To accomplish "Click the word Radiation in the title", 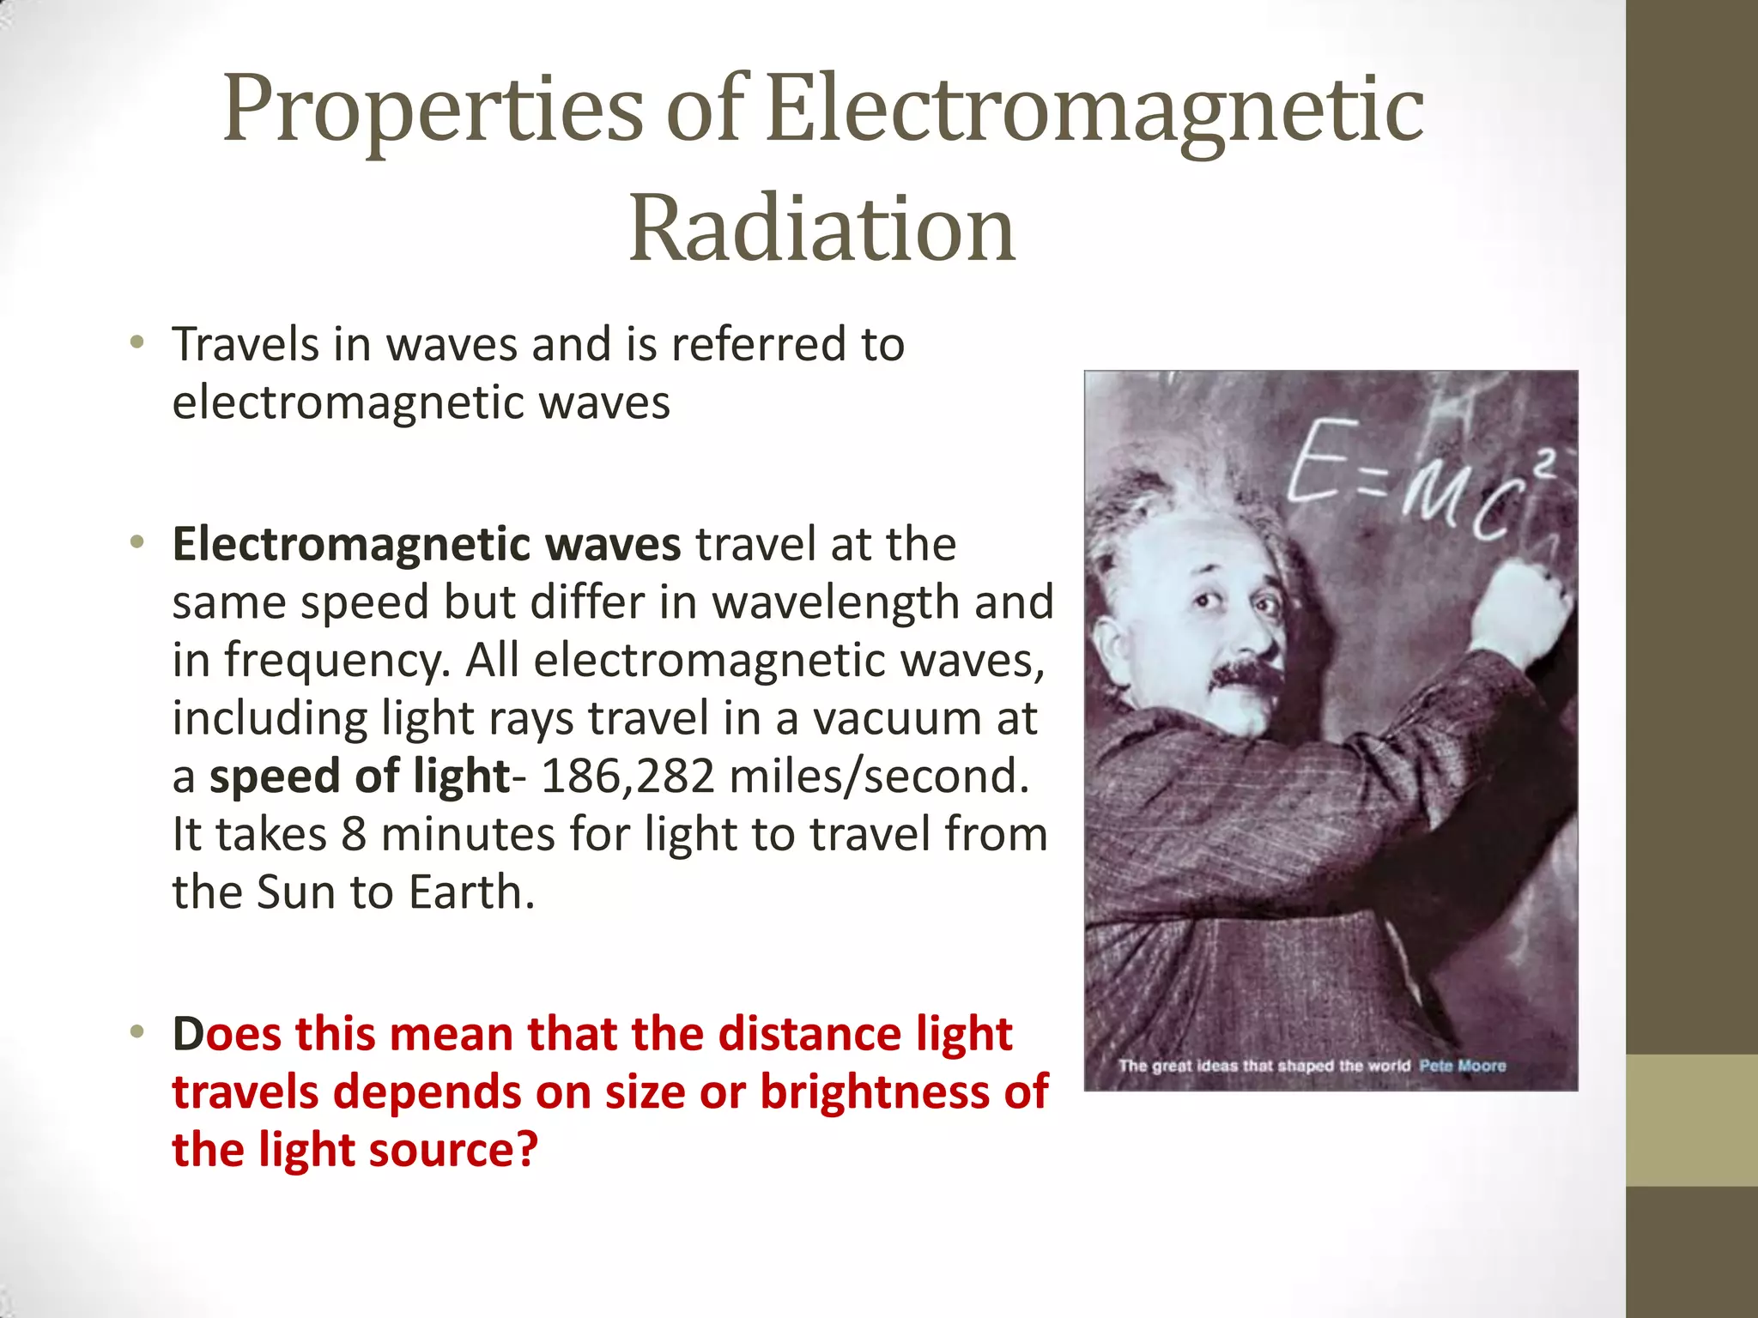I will point(822,229).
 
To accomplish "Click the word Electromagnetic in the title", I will point(1094,109).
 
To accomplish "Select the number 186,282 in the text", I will point(627,776).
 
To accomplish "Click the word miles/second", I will point(878,776).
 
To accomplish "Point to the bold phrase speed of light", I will point(360,776).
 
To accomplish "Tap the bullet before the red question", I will point(136,1033).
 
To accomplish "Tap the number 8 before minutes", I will point(354,834).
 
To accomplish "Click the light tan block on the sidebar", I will point(1691,1120).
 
